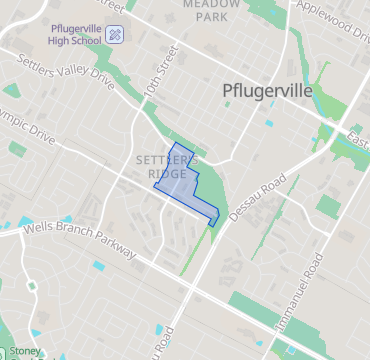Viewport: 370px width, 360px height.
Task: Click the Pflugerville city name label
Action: coord(266,92)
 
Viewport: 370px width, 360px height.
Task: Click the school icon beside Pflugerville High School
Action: coord(115,34)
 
